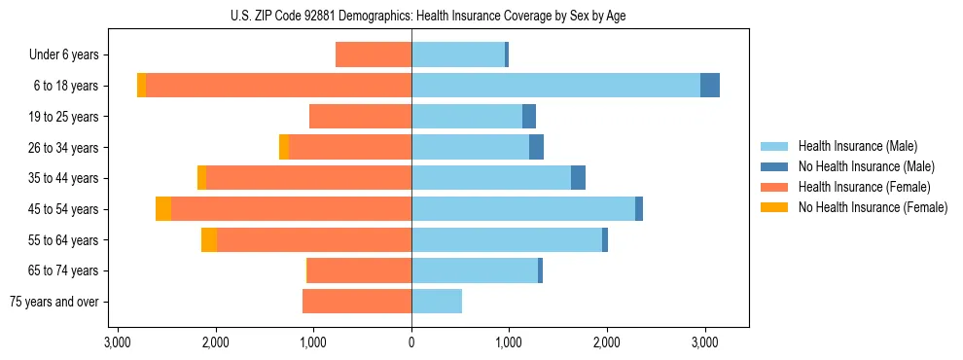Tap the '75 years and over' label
point(53,302)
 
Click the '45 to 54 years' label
point(65,209)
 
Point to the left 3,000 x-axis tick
point(118,342)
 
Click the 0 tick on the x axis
point(411,342)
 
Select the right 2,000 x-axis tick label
point(607,342)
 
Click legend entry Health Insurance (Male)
point(857,146)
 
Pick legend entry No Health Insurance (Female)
point(873,207)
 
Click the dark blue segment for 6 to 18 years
point(710,86)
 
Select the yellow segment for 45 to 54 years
point(163,209)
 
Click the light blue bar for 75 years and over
point(437,302)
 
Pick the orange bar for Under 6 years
point(374,55)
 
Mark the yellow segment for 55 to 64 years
point(209,240)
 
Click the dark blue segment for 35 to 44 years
point(578,178)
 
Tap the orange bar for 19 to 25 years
point(360,117)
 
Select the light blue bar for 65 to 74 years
point(475,270)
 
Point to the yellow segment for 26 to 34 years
point(284,147)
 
